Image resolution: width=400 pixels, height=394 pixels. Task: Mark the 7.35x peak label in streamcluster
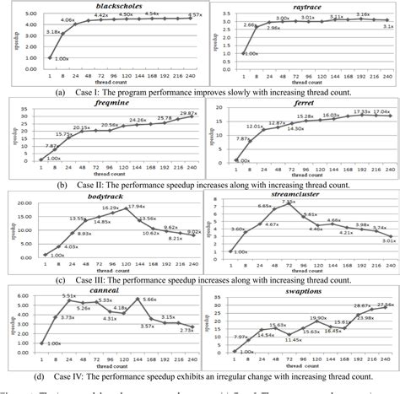pos(289,202)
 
